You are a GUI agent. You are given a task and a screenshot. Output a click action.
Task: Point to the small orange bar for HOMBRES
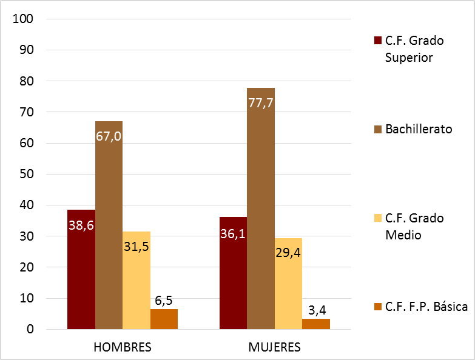click(x=164, y=319)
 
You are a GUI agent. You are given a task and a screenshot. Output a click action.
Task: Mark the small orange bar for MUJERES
click(x=316, y=324)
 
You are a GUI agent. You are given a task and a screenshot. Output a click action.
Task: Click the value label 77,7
click(x=261, y=102)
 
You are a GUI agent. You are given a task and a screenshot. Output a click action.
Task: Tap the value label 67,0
click(x=109, y=136)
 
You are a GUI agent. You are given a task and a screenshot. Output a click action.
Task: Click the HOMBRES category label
click(x=123, y=347)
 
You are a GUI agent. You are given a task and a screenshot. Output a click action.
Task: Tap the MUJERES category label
click(x=274, y=347)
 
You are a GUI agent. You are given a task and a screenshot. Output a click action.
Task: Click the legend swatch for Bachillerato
click(x=377, y=130)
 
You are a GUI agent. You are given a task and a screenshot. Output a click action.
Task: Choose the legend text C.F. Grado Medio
click(x=414, y=226)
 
